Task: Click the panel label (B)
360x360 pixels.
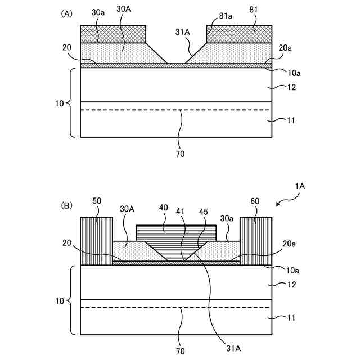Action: (x=66, y=206)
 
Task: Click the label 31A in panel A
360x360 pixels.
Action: (x=183, y=34)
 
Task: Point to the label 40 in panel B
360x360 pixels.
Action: (x=164, y=207)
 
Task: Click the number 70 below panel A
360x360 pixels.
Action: (x=180, y=153)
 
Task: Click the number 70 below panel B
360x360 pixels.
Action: (x=180, y=350)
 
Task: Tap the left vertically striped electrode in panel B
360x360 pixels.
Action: (x=97, y=241)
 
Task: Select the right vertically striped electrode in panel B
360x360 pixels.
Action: (x=256, y=241)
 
